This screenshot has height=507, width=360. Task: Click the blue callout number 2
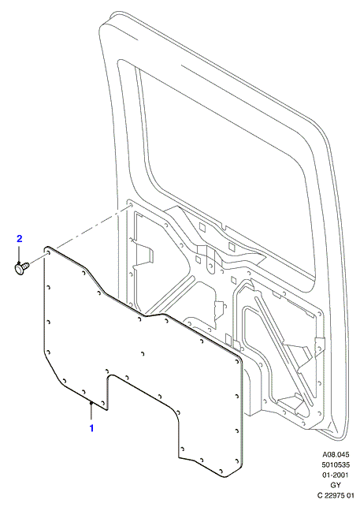pos(20,239)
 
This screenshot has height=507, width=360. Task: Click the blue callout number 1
pos(91,428)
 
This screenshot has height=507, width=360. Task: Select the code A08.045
pos(336,455)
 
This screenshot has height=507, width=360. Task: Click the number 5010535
pos(336,465)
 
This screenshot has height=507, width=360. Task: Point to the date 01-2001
pos(336,475)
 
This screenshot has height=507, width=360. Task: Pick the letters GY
pos(336,486)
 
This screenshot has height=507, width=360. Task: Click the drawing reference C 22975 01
pos(336,496)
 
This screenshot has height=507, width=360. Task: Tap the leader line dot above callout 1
pos(91,403)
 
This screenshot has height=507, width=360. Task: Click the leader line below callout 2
pos(20,254)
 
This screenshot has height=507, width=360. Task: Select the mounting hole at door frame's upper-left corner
pos(130,206)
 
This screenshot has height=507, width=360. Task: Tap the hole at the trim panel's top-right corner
pos(236,360)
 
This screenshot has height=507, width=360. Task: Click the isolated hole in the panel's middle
pos(143,353)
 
